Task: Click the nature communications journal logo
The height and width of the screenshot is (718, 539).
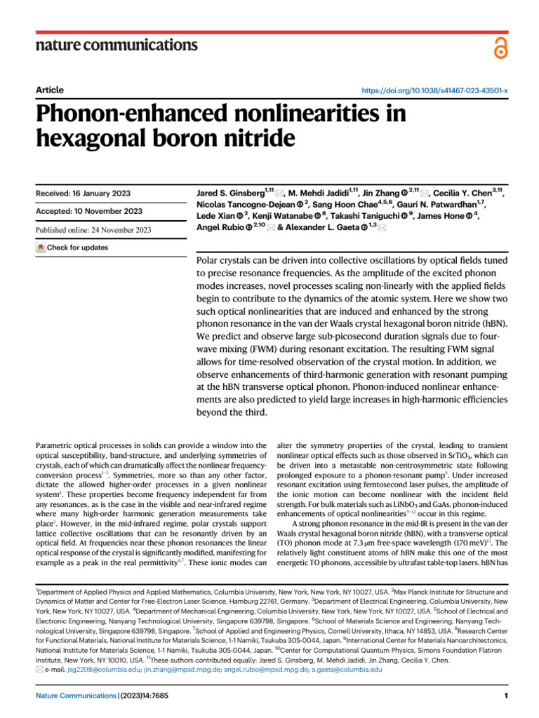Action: coord(117,46)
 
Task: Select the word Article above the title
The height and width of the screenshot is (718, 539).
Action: coord(49,90)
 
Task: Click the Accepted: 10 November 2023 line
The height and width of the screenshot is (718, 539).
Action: coord(88,211)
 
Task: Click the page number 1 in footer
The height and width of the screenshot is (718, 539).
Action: coord(505,696)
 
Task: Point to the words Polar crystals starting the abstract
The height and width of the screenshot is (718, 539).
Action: coord(225,260)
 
